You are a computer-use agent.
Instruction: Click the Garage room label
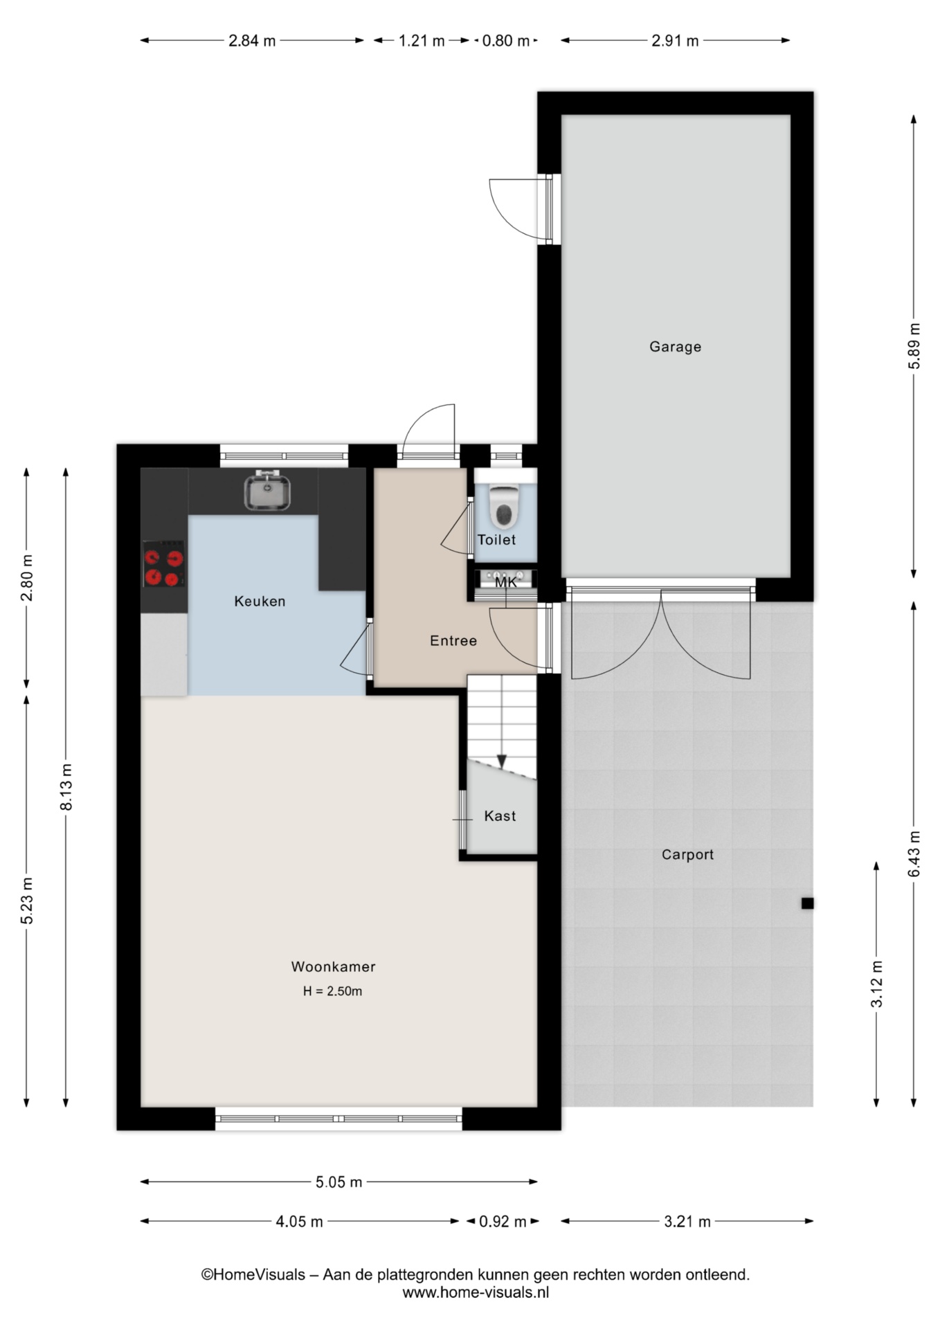(x=675, y=347)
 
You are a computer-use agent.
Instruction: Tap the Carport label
(x=687, y=855)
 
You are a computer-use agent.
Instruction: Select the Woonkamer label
(x=333, y=967)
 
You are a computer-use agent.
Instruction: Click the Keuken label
(x=260, y=602)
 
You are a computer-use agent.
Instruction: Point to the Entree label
(x=453, y=641)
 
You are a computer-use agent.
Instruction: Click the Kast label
(x=500, y=816)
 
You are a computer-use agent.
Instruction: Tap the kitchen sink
(x=267, y=490)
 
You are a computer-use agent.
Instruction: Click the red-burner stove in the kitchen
(x=164, y=564)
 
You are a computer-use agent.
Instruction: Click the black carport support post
(x=807, y=903)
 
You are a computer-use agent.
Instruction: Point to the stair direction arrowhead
(x=502, y=761)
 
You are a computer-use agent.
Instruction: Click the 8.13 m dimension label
(x=66, y=787)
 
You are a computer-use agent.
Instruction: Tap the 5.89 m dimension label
(x=914, y=347)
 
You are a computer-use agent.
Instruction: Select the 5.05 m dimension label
(x=339, y=1182)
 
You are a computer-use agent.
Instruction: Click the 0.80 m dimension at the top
(x=506, y=41)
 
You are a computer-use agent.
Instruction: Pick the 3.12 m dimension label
(x=876, y=984)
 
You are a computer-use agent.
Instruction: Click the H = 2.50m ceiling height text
(x=332, y=991)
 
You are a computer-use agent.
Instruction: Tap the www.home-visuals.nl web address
(x=476, y=1292)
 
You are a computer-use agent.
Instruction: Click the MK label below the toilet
(x=506, y=583)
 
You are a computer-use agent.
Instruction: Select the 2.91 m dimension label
(x=675, y=41)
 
